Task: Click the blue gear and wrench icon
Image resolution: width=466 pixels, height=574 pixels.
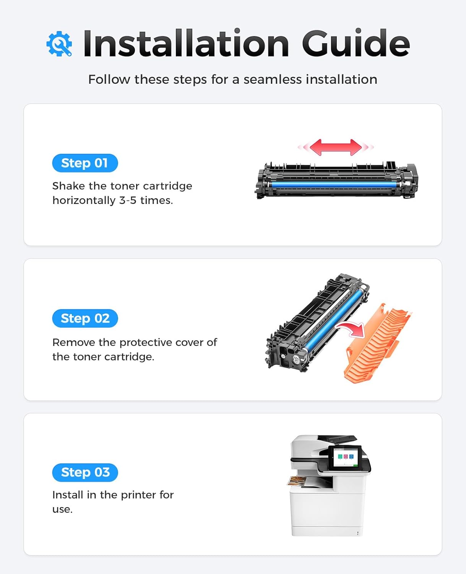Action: click(x=59, y=44)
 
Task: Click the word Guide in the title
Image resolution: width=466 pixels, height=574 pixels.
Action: click(x=356, y=43)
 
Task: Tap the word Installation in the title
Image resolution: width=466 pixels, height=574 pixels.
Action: click(x=186, y=43)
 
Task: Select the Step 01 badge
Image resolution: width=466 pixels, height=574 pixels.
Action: click(x=85, y=163)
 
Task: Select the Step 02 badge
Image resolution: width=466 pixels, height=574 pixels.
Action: click(x=85, y=318)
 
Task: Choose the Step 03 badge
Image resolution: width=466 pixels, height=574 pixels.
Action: click(x=85, y=473)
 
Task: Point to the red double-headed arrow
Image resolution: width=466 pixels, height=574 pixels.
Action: click(x=336, y=147)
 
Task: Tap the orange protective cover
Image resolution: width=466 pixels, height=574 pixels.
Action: click(x=378, y=342)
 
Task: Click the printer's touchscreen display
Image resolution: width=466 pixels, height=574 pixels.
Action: click(x=346, y=458)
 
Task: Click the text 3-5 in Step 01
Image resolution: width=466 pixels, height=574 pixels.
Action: click(x=127, y=201)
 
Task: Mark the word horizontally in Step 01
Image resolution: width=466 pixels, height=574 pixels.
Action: click(x=84, y=201)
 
